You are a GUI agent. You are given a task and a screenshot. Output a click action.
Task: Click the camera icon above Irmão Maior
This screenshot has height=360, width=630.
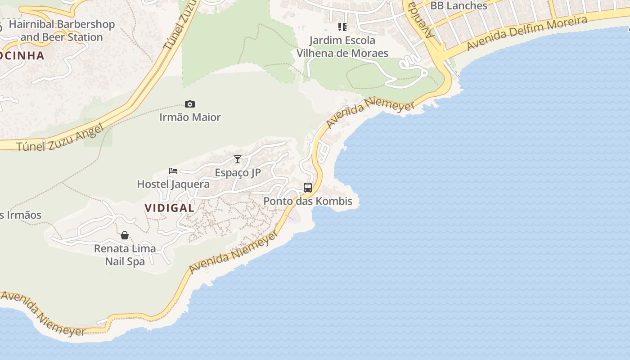[190, 104]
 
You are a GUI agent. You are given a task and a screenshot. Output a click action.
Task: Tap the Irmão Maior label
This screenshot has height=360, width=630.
[190, 117]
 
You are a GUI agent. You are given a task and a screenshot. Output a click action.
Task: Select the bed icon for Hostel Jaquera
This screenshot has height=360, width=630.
[173, 171]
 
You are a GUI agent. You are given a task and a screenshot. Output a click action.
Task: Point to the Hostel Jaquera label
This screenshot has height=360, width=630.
[173, 184]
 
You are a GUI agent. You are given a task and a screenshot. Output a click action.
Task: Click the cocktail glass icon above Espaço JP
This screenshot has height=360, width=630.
[238, 159]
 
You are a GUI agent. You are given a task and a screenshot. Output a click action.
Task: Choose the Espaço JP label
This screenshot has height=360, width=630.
[238, 173]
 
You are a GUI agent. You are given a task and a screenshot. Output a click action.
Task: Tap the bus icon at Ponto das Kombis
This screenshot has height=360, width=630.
[308, 188]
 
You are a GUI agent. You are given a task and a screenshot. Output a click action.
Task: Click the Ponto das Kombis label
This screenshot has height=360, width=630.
[308, 201]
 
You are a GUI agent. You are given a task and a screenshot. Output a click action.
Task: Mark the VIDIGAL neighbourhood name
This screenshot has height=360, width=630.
[169, 208]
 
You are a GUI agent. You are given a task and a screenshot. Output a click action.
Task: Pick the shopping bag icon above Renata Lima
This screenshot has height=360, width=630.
[125, 235]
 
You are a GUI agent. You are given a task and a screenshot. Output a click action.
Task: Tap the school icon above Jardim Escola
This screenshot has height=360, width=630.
[342, 27]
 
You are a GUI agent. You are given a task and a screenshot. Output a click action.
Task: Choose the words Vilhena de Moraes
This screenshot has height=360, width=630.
[342, 53]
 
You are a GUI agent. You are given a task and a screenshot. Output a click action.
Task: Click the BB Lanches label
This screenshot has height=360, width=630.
[459, 6]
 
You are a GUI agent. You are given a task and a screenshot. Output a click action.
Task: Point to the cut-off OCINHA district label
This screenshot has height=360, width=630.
[22, 56]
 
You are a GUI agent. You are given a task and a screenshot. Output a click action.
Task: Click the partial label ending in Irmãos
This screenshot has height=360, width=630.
[21, 215]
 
